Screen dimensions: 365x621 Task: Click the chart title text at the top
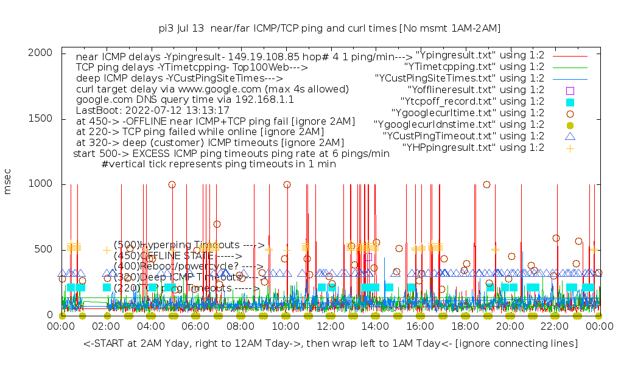329,28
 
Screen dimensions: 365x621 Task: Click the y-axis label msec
8,183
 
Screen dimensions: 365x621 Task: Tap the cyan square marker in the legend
570,101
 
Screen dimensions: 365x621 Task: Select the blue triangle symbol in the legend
570,136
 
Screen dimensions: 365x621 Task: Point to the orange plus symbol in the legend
570,147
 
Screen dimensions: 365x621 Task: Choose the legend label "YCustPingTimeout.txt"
463,136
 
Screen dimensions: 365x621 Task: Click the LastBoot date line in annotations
152,111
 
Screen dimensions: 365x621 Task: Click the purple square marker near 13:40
368,257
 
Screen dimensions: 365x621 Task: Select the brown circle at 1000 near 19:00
486,184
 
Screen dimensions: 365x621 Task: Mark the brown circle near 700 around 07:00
217,224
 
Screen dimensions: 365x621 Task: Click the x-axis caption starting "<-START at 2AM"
331,344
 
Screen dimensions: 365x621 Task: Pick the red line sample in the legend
570,55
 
